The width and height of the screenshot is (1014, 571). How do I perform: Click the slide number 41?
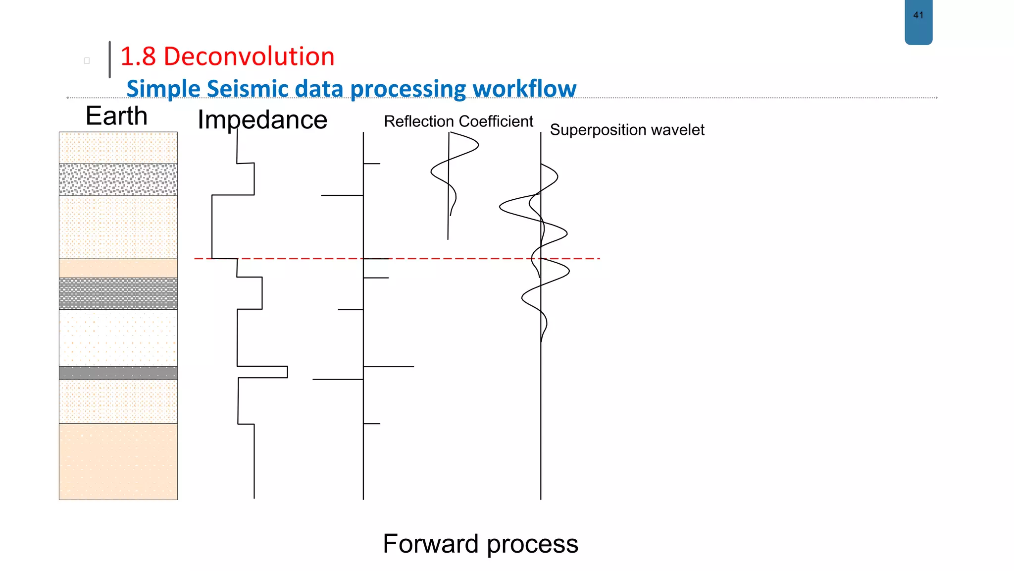[918, 15]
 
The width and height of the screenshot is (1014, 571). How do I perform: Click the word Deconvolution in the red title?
[249, 57]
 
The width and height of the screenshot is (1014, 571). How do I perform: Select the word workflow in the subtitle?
[524, 89]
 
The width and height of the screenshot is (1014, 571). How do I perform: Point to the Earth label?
[116, 116]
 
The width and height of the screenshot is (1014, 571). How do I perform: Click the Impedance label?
[262, 120]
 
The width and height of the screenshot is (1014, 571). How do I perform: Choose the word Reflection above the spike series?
[419, 121]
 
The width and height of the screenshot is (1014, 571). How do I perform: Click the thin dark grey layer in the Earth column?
[118, 373]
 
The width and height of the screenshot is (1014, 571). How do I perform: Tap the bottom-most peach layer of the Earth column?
[118, 461]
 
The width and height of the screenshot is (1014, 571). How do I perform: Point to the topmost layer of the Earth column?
[118, 148]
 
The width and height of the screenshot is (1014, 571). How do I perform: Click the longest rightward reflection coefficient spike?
[389, 367]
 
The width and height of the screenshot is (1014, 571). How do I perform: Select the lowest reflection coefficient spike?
[372, 424]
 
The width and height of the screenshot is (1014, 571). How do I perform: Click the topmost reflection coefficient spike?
[372, 164]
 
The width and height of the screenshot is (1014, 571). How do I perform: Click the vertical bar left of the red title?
[109, 59]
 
